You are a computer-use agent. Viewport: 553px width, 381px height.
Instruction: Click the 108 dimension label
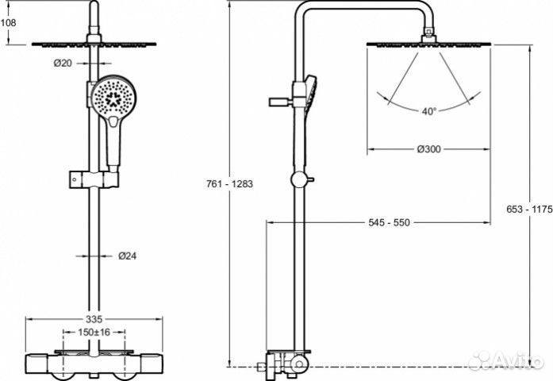(x=8, y=22)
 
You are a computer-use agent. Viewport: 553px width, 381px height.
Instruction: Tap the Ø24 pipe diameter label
(x=128, y=256)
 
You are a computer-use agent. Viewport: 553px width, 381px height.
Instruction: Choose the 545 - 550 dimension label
(x=388, y=223)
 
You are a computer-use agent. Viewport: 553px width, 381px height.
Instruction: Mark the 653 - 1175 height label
(x=528, y=210)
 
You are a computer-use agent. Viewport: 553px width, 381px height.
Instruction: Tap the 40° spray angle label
(x=429, y=112)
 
